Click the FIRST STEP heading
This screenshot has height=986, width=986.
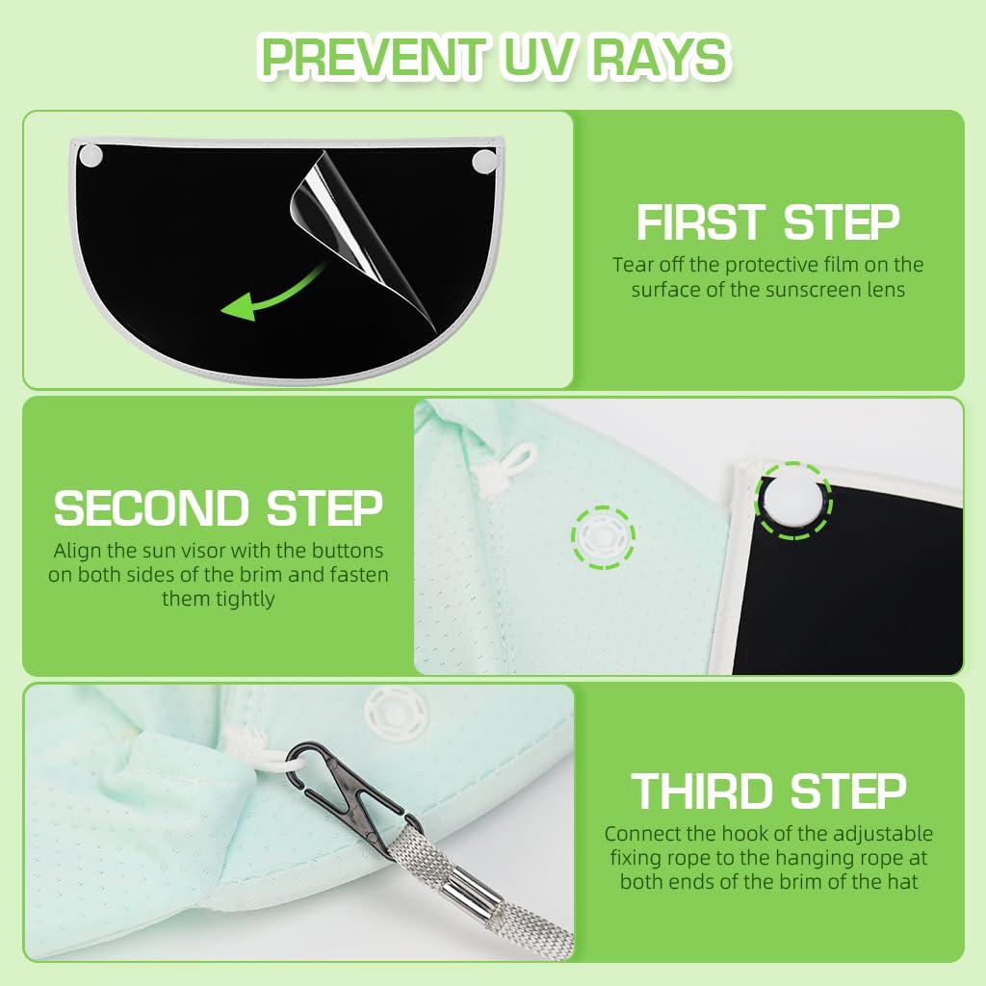coord(767,222)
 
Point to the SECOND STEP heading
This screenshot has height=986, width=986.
coord(219,508)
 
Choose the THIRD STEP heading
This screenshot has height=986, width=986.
coord(768,791)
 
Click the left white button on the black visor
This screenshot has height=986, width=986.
coord(91,155)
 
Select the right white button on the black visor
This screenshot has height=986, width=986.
coord(484,162)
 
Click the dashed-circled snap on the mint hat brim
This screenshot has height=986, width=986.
coord(603,537)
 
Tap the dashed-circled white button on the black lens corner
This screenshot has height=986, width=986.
coord(793,501)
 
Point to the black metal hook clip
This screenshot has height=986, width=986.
coord(352,795)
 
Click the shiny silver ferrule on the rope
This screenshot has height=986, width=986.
coord(469,887)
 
